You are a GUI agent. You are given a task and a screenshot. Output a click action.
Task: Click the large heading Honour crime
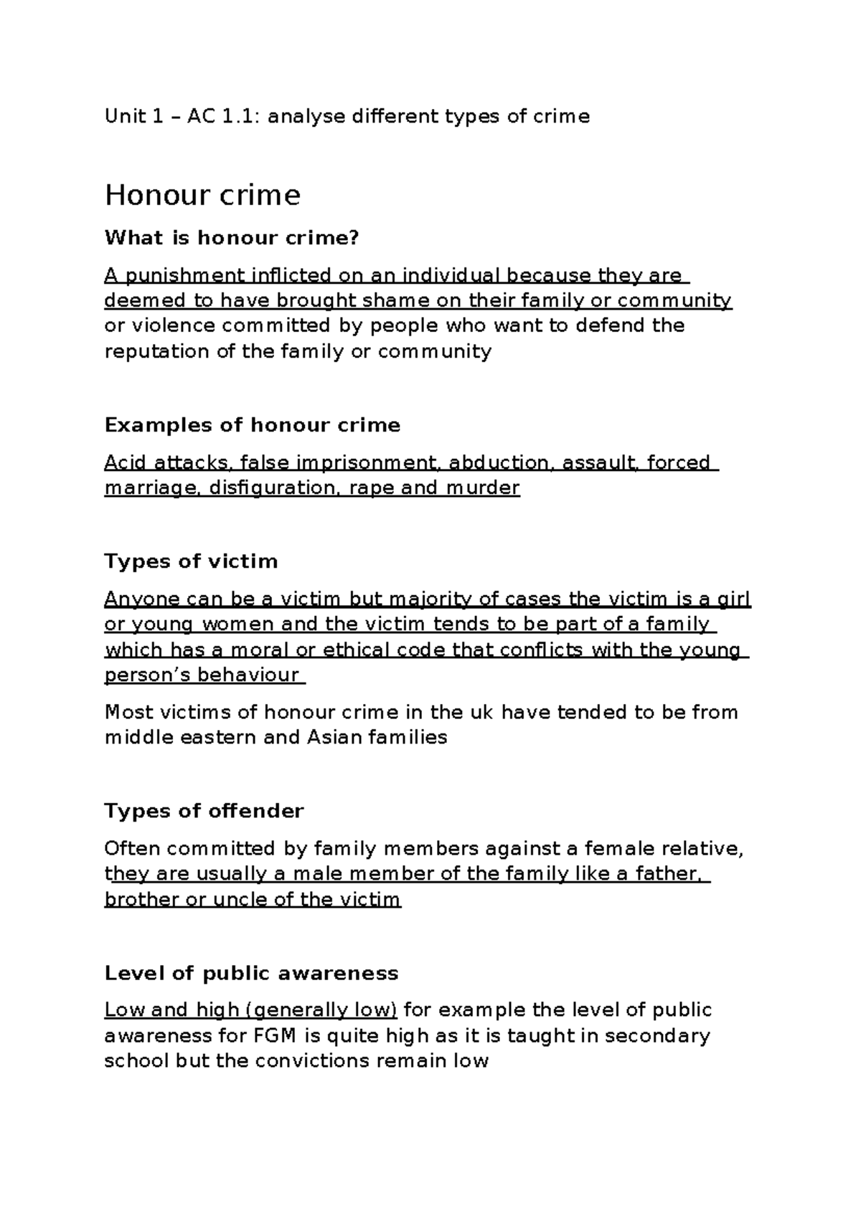point(202,195)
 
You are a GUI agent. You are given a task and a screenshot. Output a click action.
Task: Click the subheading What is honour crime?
point(230,238)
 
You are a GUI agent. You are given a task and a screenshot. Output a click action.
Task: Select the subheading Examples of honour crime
point(252,425)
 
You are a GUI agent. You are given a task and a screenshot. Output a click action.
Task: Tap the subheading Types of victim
point(191,561)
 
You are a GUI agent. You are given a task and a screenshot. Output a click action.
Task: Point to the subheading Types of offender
point(204,811)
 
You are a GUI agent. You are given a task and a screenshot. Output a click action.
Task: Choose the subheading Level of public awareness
point(251,973)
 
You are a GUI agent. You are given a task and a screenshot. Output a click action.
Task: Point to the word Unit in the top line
point(125,116)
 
